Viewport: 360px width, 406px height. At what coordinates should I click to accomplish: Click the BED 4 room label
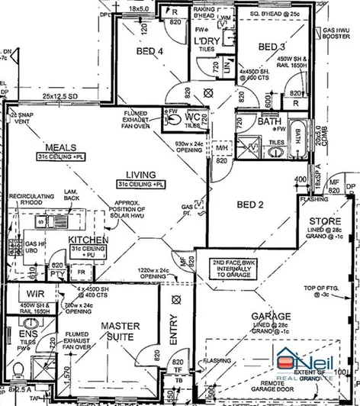[149, 52]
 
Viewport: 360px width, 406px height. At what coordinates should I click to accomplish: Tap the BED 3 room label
[271, 47]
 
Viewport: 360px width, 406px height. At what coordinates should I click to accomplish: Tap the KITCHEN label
[88, 240]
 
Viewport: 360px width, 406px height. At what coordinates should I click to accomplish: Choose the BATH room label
[268, 121]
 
